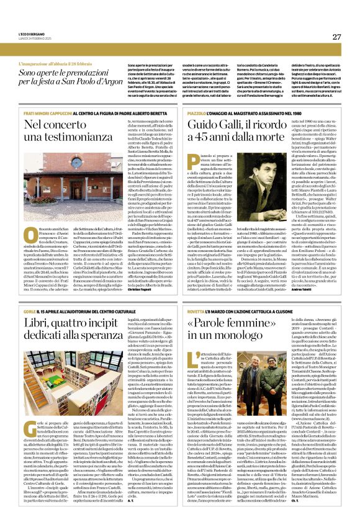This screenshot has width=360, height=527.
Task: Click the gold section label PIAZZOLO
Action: coord(202,111)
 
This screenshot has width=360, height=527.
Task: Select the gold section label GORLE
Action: coord(29,309)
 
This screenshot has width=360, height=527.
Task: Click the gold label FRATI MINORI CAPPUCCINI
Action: coord(50,111)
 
